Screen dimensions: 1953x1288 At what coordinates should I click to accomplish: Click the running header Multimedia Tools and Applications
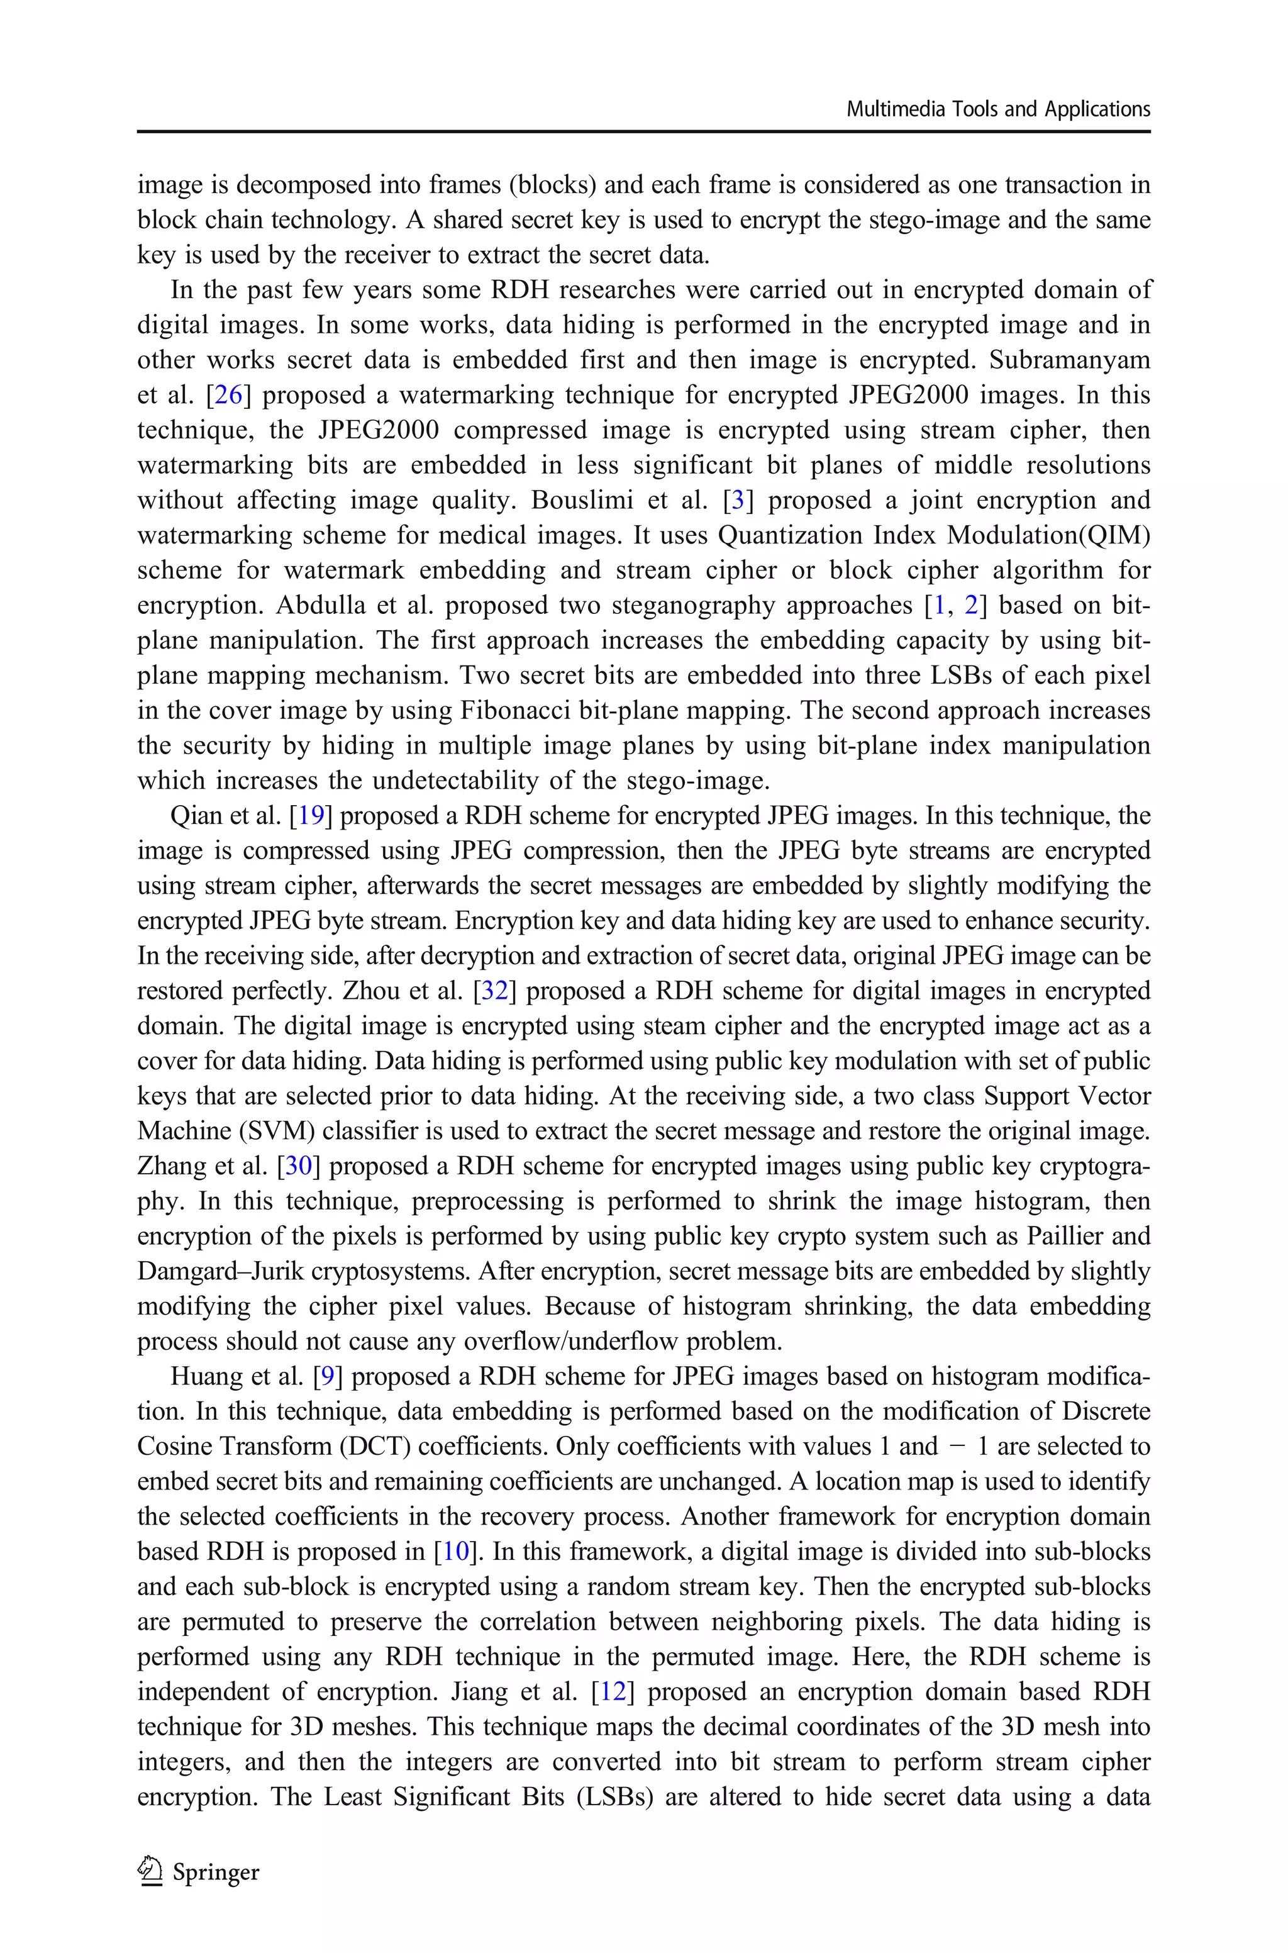click(998, 109)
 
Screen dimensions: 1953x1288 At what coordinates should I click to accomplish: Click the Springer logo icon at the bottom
click(150, 1872)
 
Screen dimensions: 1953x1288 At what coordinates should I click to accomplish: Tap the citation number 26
click(226, 395)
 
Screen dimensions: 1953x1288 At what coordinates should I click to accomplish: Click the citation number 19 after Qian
click(311, 816)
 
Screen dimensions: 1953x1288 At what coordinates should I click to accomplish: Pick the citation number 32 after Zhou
click(494, 991)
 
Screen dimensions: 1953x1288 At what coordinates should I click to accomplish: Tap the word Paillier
click(1087, 1236)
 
